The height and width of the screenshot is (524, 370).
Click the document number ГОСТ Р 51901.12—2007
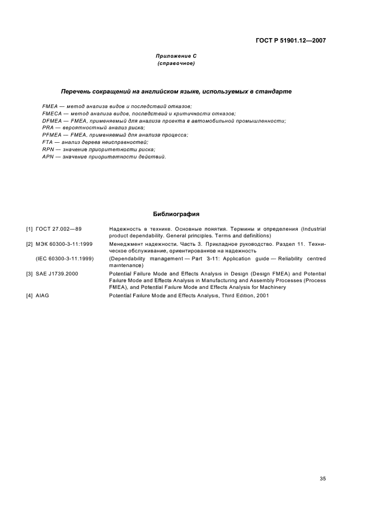coord(291,40)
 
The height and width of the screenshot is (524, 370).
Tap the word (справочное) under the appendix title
coord(176,64)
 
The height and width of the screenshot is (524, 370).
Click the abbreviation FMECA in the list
coord(51,114)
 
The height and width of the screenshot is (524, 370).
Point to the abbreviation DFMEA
coord(51,121)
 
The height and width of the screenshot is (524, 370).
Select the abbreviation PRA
coord(48,128)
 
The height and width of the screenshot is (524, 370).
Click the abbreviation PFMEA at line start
coord(51,135)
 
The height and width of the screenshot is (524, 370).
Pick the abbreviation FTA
coord(48,143)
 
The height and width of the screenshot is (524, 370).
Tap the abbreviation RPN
coord(48,150)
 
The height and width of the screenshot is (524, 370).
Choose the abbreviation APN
coord(48,157)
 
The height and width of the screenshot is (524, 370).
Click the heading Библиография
coord(176,214)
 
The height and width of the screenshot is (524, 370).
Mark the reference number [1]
coord(29,229)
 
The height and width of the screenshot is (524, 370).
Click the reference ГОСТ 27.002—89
coord(59,229)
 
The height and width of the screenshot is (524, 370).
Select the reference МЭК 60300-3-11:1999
coord(64,244)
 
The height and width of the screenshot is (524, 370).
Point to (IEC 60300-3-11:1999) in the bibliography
coord(65,259)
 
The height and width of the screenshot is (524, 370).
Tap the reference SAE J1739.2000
coord(58,273)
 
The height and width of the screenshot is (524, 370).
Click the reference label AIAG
coord(43,296)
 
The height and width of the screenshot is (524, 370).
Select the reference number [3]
coord(29,273)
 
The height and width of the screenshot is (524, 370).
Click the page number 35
coord(322,463)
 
